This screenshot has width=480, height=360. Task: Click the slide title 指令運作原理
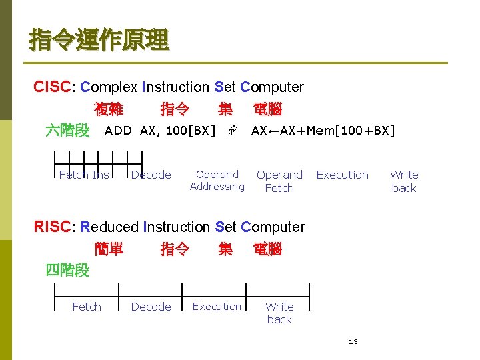coord(99,39)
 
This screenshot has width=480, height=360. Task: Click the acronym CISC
coord(55,87)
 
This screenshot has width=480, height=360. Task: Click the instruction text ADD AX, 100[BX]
coord(160,131)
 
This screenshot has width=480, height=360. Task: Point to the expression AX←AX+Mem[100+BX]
coord(323,131)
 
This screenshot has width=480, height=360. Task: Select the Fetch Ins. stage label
coord(85,175)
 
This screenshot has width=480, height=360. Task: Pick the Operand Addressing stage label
coord(217,181)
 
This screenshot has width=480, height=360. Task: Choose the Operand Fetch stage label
coord(279,181)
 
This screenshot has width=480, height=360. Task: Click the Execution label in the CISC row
coord(342,175)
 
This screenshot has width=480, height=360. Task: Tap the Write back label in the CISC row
coord(404,181)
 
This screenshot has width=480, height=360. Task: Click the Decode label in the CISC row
coord(151,175)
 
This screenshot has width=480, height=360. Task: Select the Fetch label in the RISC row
coord(87,307)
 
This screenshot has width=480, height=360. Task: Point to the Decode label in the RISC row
coord(151,307)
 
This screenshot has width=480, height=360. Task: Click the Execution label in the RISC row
coord(217,307)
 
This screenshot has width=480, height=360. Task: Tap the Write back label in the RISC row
coord(279,313)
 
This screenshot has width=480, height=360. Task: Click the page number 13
coord(353,342)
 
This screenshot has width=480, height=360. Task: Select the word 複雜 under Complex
coord(109,109)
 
